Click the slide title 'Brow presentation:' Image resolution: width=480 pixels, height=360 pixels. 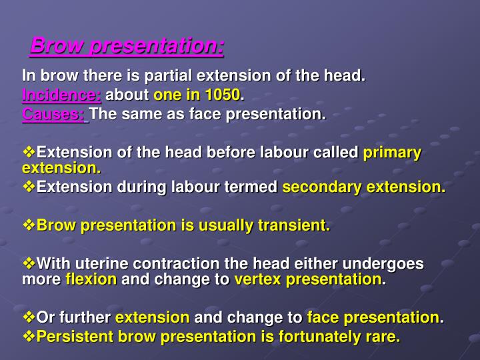(127, 47)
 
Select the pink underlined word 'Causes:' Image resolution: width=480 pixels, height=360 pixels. (55, 114)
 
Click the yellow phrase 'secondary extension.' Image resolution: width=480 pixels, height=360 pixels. (364, 187)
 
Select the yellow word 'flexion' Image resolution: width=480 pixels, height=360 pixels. (91, 279)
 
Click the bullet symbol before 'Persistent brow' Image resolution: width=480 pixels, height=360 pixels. (29, 337)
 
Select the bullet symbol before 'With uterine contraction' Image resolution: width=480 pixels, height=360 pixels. (29, 263)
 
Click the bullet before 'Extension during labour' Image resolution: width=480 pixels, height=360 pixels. (29, 187)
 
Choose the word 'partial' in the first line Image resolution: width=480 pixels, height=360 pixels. (177, 75)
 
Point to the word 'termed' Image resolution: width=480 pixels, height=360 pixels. (257, 187)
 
